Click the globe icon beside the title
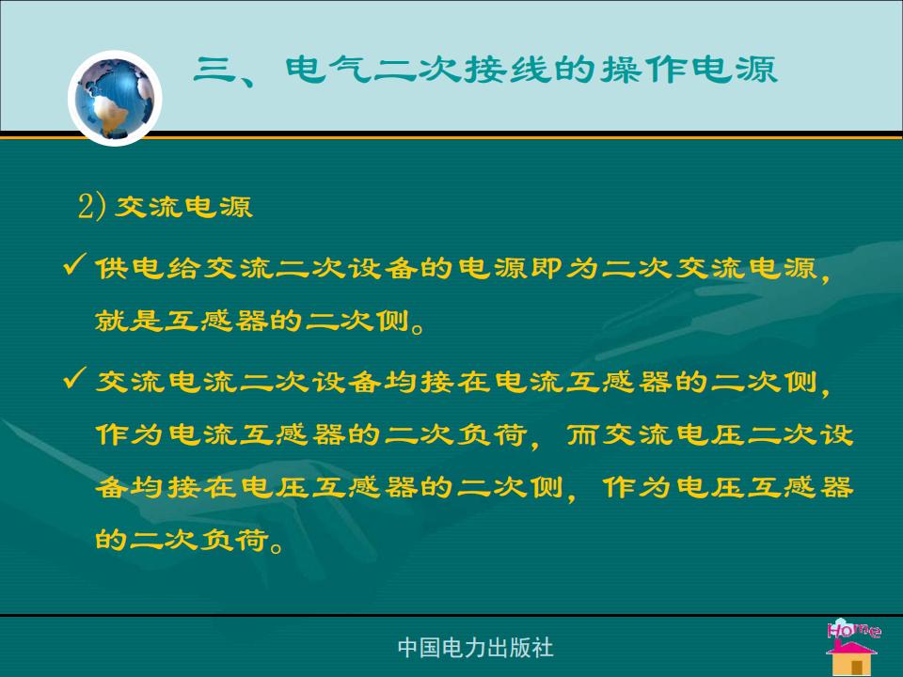point(115,98)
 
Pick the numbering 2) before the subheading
point(92,207)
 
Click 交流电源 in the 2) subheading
point(183,207)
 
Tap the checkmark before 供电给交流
point(75,264)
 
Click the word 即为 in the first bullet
point(564,268)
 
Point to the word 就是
point(130,321)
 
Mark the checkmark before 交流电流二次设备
point(75,378)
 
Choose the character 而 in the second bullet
point(583,434)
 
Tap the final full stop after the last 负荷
point(277,545)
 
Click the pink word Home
point(853,629)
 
